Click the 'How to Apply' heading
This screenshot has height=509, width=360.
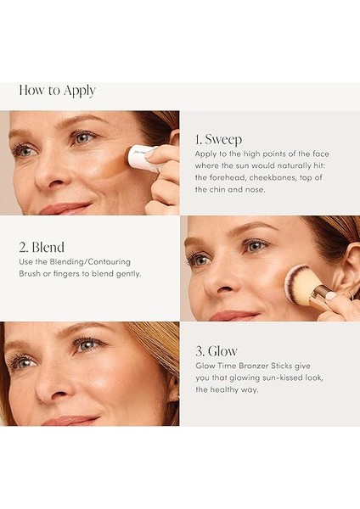point(57,91)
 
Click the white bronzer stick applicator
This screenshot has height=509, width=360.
point(141,158)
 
